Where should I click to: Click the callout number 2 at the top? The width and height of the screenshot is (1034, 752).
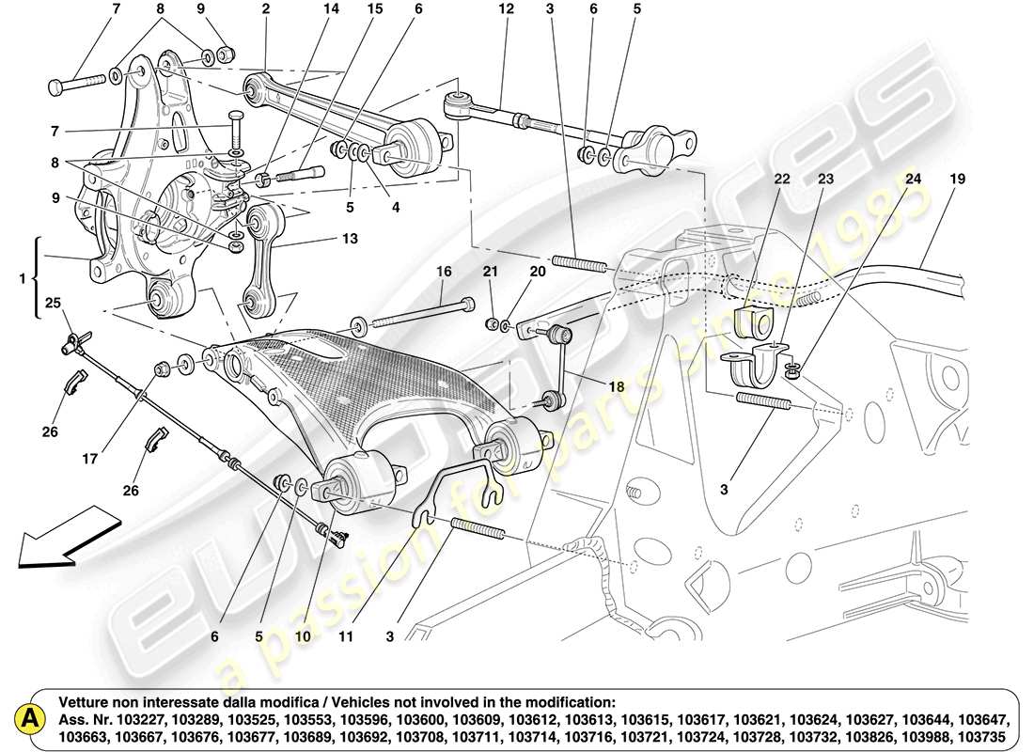(x=266, y=9)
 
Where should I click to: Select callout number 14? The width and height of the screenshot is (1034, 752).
(x=331, y=9)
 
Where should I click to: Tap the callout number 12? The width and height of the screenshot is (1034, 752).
(x=507, y=9)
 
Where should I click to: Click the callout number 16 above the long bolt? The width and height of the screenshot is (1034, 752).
(x=444, y=272)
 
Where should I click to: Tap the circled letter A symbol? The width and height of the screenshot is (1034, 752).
(x=31, y=719)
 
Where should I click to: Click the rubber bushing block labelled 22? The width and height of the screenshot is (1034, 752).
(x=755, y=321)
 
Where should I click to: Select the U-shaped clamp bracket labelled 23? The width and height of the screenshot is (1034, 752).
(x=758, y=369)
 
